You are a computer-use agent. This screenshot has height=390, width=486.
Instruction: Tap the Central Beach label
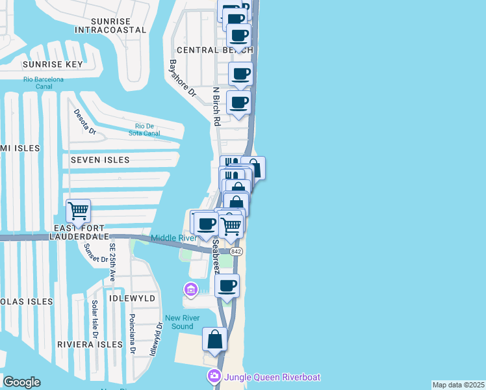click(205, 50)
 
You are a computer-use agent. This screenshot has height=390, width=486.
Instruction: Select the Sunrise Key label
click(53, 64)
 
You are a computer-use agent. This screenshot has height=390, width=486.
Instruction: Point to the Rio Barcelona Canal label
click(44, 83)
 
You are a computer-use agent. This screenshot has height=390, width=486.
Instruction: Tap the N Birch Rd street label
click(216, 106)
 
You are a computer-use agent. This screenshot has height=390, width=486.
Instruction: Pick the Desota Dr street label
click(84, 122)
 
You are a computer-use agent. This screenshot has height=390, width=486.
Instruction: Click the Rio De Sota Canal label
click(147, 129)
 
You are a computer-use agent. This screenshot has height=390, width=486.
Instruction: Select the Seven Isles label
click(100, 160)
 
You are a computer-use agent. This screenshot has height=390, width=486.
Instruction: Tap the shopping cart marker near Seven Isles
click(79, 211)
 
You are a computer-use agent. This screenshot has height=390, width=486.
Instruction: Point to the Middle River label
click(173, 238)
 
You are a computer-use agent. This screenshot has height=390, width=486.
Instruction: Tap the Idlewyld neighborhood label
click(133, 298)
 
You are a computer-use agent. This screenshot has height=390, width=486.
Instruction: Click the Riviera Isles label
click(89, 344)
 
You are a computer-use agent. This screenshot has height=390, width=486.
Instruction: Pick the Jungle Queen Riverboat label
click(272, 377)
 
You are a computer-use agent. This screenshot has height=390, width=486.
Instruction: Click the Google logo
click(21, 382)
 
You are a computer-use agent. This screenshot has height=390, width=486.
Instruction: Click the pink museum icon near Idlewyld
click(191, 288)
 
